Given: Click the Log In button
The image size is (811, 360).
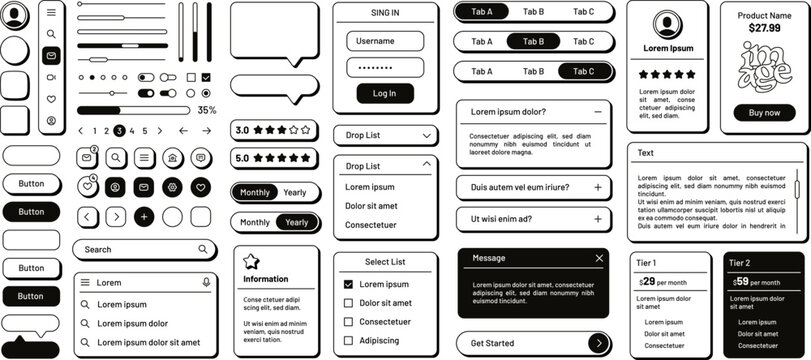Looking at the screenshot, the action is [x=384, y=93].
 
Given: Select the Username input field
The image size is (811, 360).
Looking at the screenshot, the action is [x=384, y=41].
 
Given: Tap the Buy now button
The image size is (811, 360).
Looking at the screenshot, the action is [x=764, y=112].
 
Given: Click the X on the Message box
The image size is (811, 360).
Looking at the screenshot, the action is [x=598, y=258].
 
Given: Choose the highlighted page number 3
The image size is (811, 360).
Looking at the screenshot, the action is [x=119, y=130].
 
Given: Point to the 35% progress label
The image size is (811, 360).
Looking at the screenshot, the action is [x=206, y=110].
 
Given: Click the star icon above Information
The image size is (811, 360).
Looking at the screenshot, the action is [x=250, y=261].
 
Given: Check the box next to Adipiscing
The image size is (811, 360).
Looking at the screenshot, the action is [x=348, y=340].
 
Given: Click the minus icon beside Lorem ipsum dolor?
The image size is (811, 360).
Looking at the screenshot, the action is [x=597, y=112].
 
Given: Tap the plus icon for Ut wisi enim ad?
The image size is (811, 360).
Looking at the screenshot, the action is [x=597, y=219].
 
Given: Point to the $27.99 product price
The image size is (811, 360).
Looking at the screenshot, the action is [x=764, y=29].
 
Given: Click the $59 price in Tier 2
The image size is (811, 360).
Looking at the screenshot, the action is [x=743, y=282].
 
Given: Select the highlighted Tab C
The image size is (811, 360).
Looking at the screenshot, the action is [x=583, y=71].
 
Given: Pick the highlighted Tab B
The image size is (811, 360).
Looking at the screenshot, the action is [x=533, y=41].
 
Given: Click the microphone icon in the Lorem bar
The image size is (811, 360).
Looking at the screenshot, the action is [x=206, y=282].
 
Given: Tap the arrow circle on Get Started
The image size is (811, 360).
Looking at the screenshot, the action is [x=597, y=343].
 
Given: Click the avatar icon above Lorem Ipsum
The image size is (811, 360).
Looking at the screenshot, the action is [x=667, y=25].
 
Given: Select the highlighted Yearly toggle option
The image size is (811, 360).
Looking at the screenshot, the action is [x=295, y=222].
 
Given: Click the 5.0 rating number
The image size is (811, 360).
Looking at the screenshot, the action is [x=242, y=158].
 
